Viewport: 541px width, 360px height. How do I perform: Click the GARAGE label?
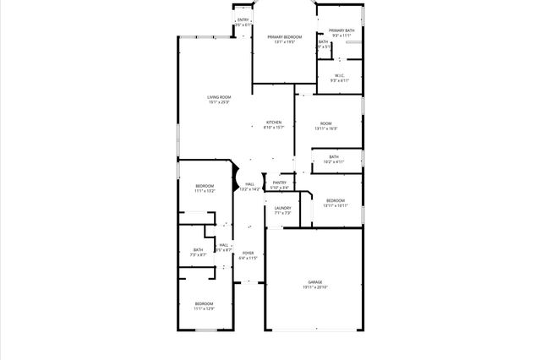[314, 282]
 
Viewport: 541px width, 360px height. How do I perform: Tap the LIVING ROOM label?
[219, 97]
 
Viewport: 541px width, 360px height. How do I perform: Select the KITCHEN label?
[274, 123]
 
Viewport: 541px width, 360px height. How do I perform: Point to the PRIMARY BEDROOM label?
[285, 37]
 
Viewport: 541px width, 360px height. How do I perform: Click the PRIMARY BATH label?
[342, 30]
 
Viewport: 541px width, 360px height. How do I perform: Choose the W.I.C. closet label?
[339, 75]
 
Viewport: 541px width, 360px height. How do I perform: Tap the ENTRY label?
[243, 19]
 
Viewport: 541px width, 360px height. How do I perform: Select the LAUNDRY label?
[282, 208]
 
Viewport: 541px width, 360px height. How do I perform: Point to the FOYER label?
[248, 253]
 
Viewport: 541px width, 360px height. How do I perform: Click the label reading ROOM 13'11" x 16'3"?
[326, 123]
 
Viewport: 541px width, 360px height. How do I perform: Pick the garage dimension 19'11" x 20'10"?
[314, 288]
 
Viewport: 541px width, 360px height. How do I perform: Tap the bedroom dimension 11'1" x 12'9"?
[204, 309]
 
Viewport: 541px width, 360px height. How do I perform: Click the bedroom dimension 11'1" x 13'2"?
[205, 192]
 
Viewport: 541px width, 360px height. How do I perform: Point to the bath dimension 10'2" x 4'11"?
[334, 161]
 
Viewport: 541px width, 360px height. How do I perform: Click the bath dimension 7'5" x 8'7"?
[198, 255]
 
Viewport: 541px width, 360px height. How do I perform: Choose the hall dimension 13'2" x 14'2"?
[249, 189]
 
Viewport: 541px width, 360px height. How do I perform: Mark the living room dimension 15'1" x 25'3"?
[219, 103]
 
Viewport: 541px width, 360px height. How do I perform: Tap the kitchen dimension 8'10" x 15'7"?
[274, 128]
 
